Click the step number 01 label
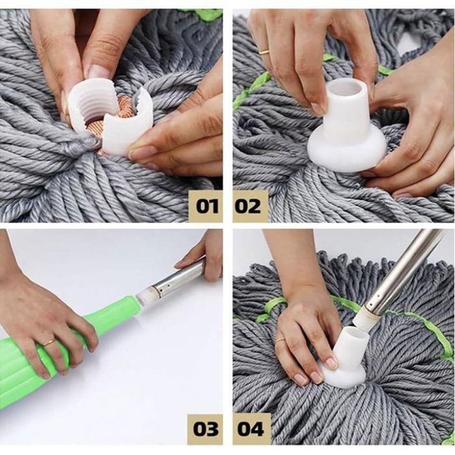click(207, 207)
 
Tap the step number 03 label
click(206, 429)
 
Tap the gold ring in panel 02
click(264, 52)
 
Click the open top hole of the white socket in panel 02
click(346, 87)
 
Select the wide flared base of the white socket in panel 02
click(347, 151)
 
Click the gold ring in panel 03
click(49, 343)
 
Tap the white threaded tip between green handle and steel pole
click(145, 298)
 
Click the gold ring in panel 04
click(280, 341)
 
